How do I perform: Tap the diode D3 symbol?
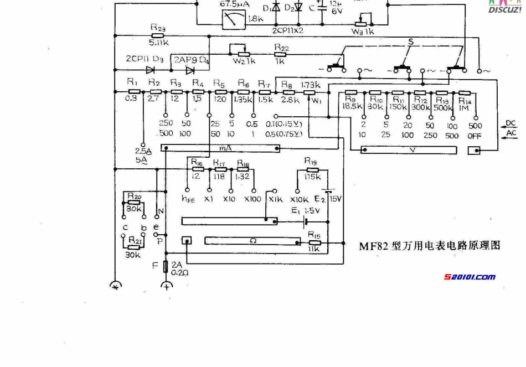point(150,70)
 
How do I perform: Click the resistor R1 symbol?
point(133,92)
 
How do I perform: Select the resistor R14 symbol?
point(463,93)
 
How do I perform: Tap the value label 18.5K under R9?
point(352,105)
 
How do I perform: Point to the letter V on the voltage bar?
point(411,149)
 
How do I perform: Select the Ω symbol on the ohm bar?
point(252,240)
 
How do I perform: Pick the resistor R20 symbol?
point(133,202)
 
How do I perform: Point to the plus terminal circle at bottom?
point(166,286)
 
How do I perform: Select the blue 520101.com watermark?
point(470,277)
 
